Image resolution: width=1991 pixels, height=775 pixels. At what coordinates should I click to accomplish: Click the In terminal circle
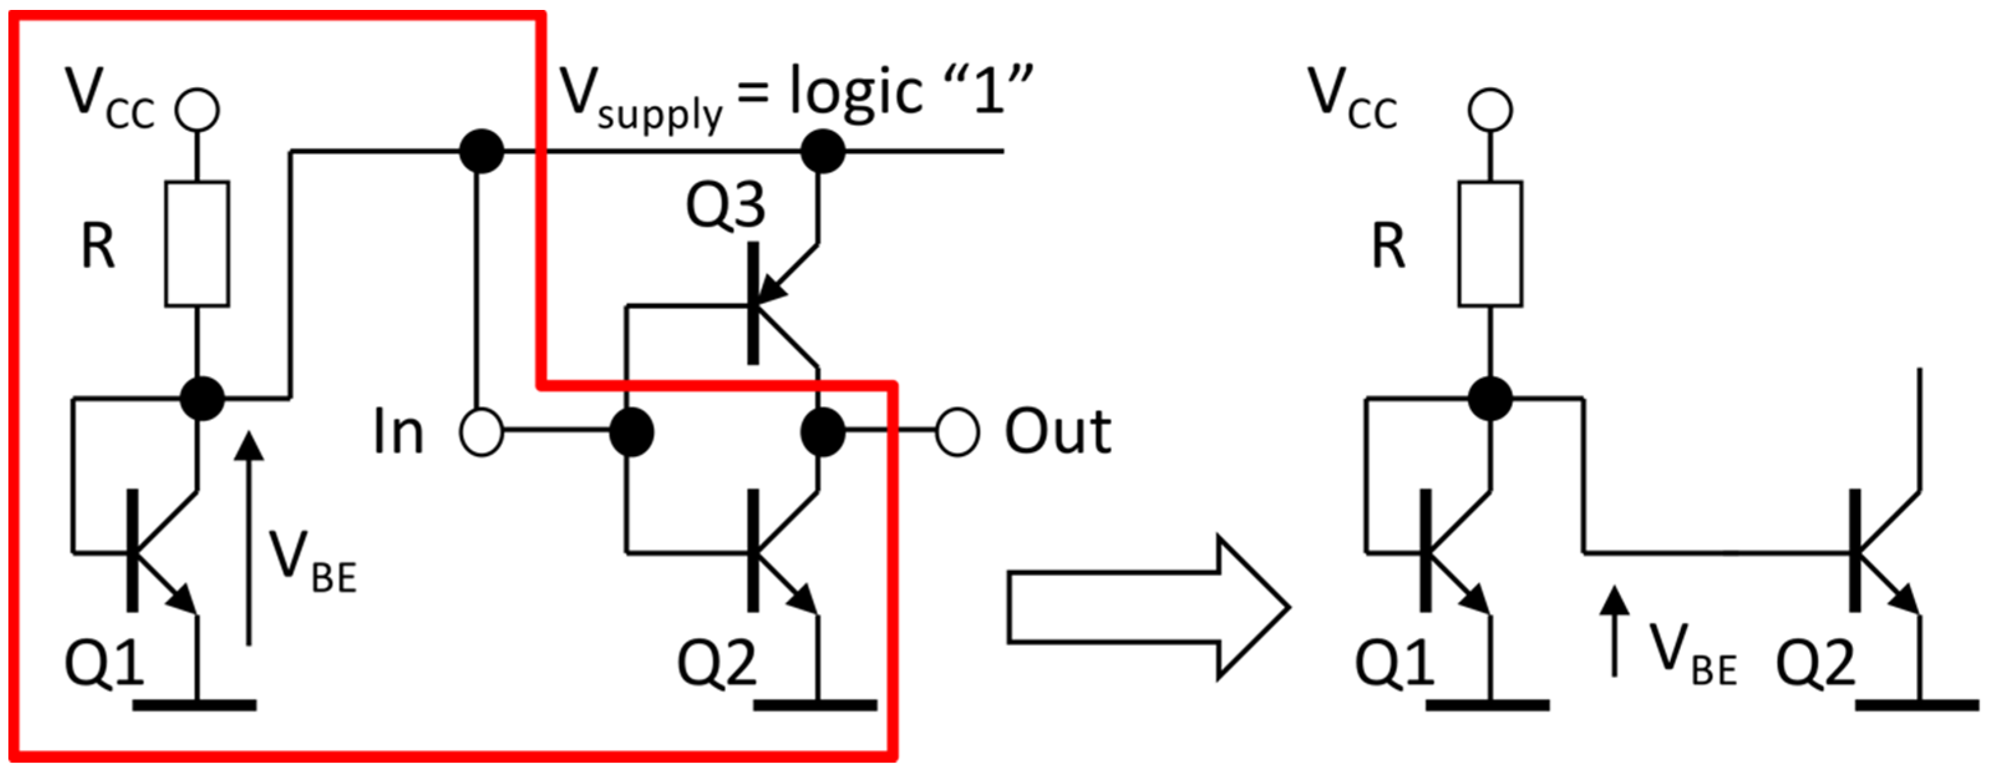tap(481, 432)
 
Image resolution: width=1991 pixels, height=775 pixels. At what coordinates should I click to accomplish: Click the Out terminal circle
tap(958, 432)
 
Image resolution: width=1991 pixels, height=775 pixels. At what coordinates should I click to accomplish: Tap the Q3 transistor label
tap(725, 206)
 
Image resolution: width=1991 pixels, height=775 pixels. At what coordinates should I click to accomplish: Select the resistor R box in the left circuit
tap(197, 244)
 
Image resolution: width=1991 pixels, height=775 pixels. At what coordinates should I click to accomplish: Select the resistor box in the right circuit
tap(1490, 244)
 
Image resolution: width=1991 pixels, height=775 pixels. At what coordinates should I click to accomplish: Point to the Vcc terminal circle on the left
tap(197, 110)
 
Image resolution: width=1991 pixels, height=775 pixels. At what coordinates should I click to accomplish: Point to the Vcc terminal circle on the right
tap(1490, 110)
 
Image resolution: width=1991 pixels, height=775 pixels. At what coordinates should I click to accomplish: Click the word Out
tap(1057, 432)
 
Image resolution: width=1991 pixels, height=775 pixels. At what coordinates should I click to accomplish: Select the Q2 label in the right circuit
tap(1815, 663)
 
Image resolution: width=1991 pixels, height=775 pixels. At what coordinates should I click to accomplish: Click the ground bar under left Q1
tap(195, 705)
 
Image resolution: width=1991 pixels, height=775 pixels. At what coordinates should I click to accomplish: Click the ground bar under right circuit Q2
tap(1917, 705)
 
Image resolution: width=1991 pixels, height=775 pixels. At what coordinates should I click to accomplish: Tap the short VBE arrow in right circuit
tap(1614, 630)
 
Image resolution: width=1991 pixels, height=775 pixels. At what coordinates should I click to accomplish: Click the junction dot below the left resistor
tap(202, 398)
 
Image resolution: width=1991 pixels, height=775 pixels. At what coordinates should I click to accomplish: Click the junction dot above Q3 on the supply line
tap(822, 151)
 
